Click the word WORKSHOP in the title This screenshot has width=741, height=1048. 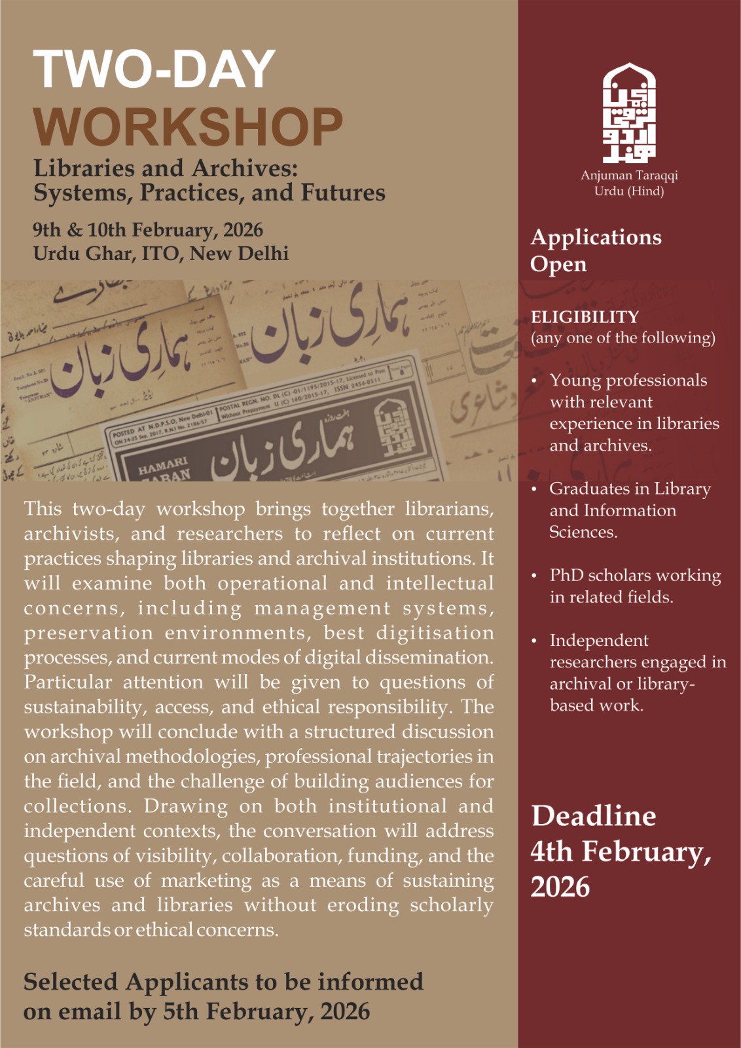[x=188, y=127]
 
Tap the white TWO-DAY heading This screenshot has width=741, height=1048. [x=154, y=69]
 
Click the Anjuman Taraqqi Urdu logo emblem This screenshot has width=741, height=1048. [x=629, y=113]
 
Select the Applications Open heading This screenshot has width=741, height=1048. [x=596, y=250]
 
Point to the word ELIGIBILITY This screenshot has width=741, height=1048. [x=585, y=317]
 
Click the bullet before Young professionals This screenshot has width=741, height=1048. [x=534, y=381]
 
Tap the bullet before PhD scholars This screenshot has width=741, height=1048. [x=534, y=575]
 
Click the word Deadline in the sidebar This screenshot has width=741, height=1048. [x=593, y=816]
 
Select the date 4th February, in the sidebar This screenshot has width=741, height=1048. [x=621, y=851]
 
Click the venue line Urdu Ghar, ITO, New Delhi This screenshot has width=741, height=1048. [x=160, y=253]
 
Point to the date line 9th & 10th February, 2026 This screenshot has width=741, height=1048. [x=148, y=230]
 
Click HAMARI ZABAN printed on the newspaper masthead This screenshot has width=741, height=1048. [x=164, y=468]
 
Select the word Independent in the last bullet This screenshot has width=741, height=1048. [x=599, y=640]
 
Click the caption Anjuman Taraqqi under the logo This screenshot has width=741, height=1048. [x=629, y=175]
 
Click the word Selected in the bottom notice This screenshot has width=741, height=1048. [x=71, y=982]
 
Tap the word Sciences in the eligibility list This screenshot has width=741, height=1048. [x=583, y=532]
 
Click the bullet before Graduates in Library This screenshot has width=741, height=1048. [x=534, y=489]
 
